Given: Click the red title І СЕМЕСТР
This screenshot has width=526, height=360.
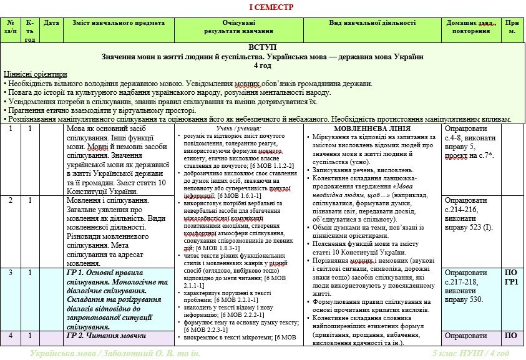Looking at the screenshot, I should click(263, 7).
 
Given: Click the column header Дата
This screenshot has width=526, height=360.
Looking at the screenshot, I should click(52, 22).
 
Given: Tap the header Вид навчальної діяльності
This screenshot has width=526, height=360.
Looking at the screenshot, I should click(372, 22).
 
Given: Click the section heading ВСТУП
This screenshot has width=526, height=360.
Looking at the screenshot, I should click(263, 47).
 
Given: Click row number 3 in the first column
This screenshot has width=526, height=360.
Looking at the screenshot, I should click(11, 273).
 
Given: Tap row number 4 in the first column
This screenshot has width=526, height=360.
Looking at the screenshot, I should click(11, 336).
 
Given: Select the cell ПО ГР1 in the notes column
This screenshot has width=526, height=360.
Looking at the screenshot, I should click(511, 277).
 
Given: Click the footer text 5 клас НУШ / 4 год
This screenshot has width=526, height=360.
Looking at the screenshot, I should click(472, 354).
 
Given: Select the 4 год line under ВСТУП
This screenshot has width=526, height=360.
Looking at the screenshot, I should click(263, 65).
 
